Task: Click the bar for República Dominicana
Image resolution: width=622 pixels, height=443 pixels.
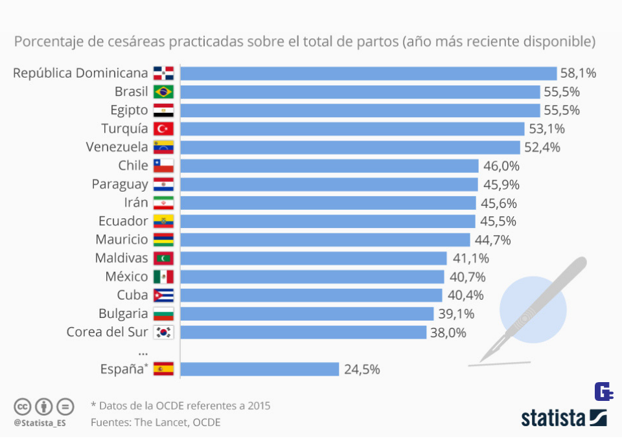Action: pyautogui.click(x=368, y=73)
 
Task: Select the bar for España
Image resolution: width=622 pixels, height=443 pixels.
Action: pyautogui.click(x=260, y=369)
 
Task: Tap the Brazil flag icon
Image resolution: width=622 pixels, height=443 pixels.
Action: pyautogui.click(x=163, y=91)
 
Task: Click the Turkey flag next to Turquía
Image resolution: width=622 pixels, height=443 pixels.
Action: pyautogui.click(x=163, y=128)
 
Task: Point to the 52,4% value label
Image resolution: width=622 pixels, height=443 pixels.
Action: pyautogui.click(x=542, y=147)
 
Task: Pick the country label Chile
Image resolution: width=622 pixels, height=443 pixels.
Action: pyautogui.click(x=133, y=166)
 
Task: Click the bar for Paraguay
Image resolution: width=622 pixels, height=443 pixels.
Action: pyautogui.click(x=328, y=185)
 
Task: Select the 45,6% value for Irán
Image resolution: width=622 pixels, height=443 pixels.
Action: pyautogui.click(x=499, y=203)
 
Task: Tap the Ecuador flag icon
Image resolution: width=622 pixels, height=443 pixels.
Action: pyautogui.click(x=163, y=221)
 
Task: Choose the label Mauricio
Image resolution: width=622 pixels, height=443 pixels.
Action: pyautogui.click(x=122, y=240)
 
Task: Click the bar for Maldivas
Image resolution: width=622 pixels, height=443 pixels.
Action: pyautogui.click(x=314, y=258)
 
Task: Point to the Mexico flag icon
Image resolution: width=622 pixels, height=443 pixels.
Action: pyautogui.click(x=163, y=277)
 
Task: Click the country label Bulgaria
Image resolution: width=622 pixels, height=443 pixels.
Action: pyautogui.click(x=123, y=314)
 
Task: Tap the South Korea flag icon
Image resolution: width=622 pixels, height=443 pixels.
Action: pyautogui.click(x=163, y=333)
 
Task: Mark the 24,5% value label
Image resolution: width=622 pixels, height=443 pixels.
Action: pyautogui.click(x=362, y=370)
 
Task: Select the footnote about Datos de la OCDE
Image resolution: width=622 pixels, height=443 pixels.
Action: pyautogui.click(x=180, y=406)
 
